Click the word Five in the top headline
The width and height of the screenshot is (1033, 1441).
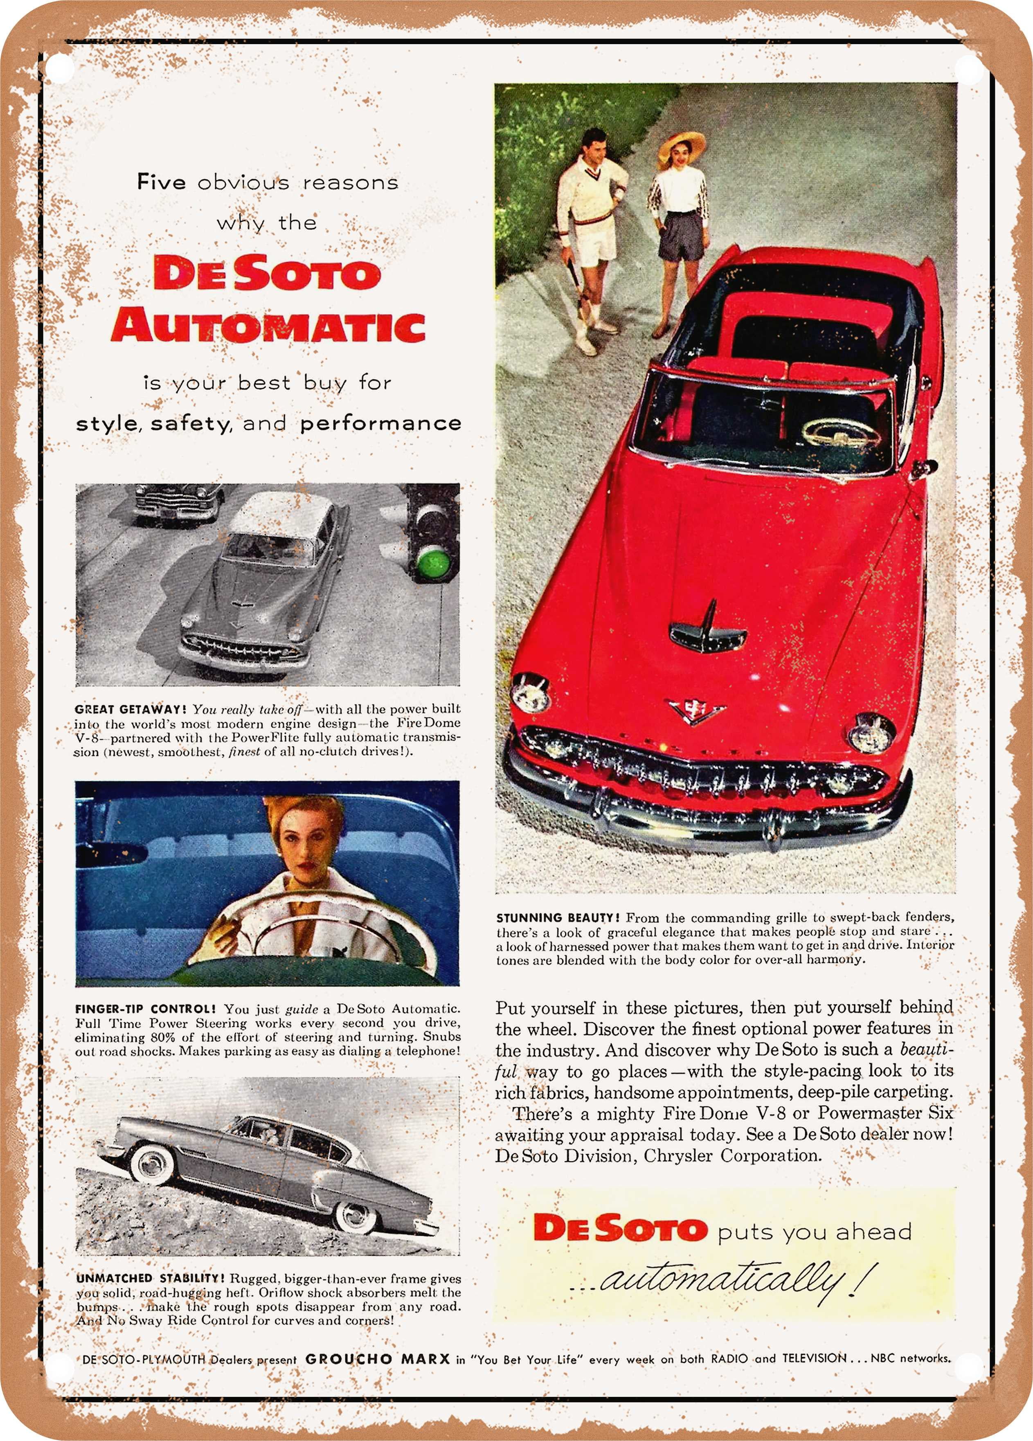coord(161,182)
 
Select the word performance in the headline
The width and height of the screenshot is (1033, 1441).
coord(380,423)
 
